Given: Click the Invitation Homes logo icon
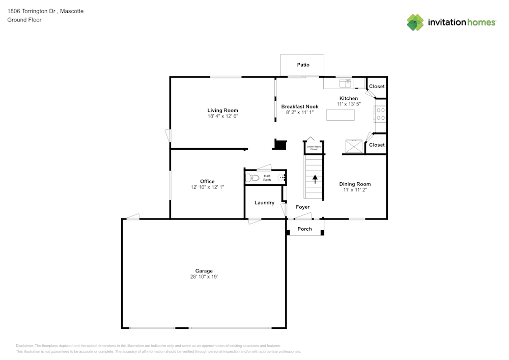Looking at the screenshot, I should [x=415, y=22].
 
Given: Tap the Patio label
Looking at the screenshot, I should [x=303, y=65].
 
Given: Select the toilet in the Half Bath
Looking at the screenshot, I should [x=253, y=178].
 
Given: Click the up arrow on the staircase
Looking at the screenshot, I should [x=315, y=179].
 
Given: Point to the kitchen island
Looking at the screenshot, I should [x=341, y=115].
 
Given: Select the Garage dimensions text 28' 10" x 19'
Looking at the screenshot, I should [x=204, y=277].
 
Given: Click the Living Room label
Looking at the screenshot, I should [x=222, y=110].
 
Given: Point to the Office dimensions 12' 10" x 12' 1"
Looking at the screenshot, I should [x=207, y=187].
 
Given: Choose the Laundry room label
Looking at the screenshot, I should [x=264, y=203].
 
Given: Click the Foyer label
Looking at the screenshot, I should [x=303, y=207].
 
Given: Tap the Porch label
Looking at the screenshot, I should [x=304, y=229].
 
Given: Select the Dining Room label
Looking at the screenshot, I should [x=355, y=184].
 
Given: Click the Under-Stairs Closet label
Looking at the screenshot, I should [x=314, y=148].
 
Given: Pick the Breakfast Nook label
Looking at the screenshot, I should [x=300, y=106].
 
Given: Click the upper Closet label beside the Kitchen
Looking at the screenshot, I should [x=377, y=87].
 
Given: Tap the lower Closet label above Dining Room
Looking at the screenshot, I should [x=377, y=145].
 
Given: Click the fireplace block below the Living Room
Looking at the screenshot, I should [x=280, y=144].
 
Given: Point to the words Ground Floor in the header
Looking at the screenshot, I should [x=24, y=20].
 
